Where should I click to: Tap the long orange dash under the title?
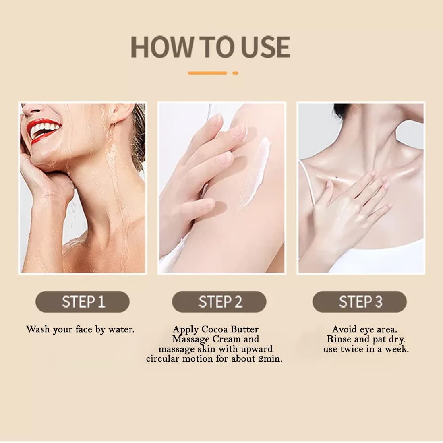tap(207, 73)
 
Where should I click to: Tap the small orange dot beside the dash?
tap(235, 73)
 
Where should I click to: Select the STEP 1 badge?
tap(83, 302)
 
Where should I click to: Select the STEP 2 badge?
tap(219, 302)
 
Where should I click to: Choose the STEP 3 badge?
tap(360, 302)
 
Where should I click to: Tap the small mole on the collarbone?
tap(337, 178)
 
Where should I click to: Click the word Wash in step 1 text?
tap(38, 329)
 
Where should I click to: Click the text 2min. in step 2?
tap(270, 359)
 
